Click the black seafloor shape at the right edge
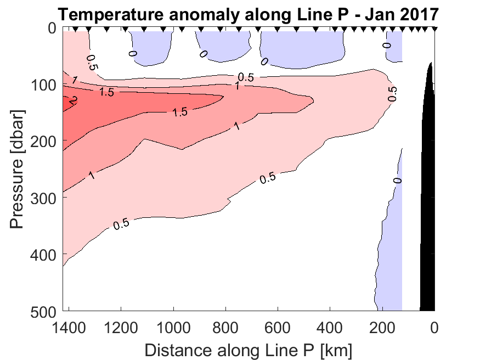click(x=428, y=220)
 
